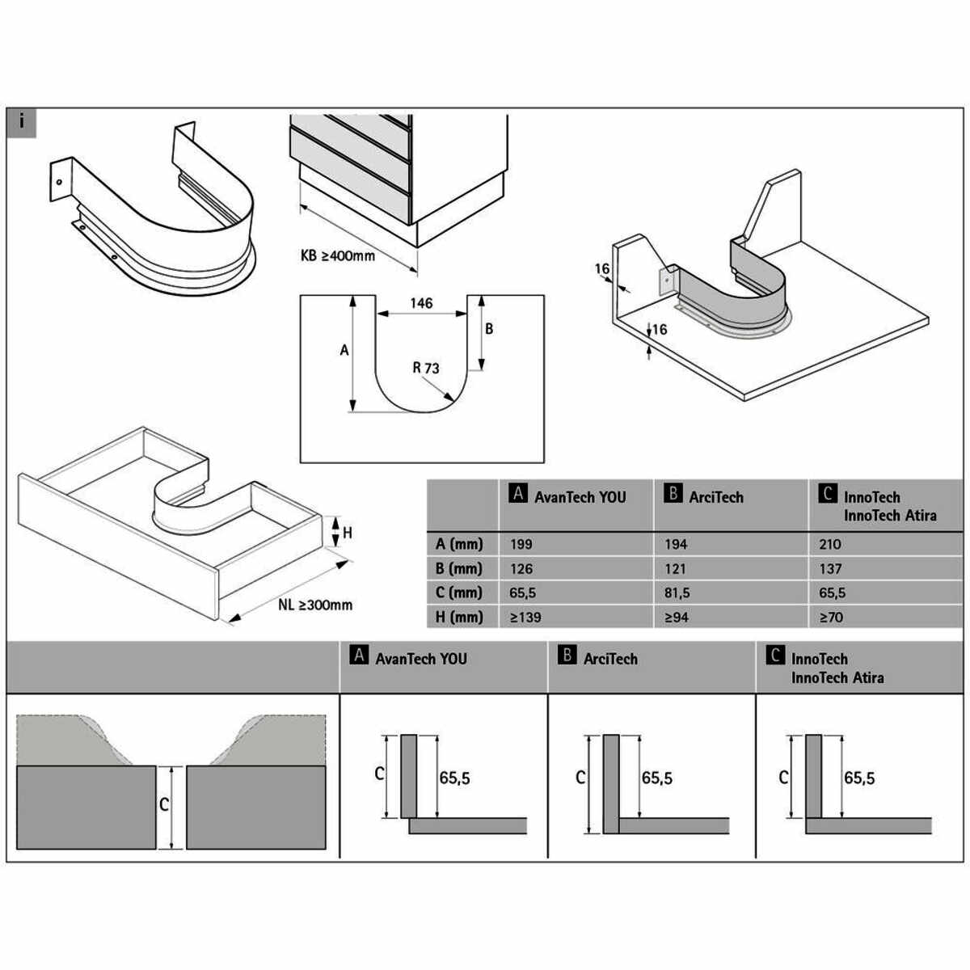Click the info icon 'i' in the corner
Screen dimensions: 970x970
click(22, 123)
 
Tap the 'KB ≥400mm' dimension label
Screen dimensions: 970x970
click(337, 256)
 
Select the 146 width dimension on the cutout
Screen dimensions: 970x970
click(421, 303)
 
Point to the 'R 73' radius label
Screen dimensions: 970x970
click(426, 369)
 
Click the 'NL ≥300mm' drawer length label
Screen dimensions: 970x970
click(314, 605)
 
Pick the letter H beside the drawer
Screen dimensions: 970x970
click(348, 533)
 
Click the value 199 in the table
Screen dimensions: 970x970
click(521, 545)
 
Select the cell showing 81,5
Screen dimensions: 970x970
click(677, 593)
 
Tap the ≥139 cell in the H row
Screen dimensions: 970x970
click(525, 617)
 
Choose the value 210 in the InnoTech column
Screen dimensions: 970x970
click(829, 545)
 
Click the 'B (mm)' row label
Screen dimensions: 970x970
click(458, 568)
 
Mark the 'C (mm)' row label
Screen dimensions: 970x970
click(458, 593)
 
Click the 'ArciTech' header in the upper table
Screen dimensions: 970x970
click(715, 497)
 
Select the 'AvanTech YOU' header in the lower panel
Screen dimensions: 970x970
click(420, 659)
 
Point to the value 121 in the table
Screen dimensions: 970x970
click(676, 568)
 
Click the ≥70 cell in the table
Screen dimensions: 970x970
click(831, 617)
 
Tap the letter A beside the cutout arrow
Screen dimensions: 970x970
click(344, 350)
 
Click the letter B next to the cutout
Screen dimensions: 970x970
click(489, 329)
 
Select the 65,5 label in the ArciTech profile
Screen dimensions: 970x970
click(656, 778)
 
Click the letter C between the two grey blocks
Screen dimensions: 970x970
click(164, 804)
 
